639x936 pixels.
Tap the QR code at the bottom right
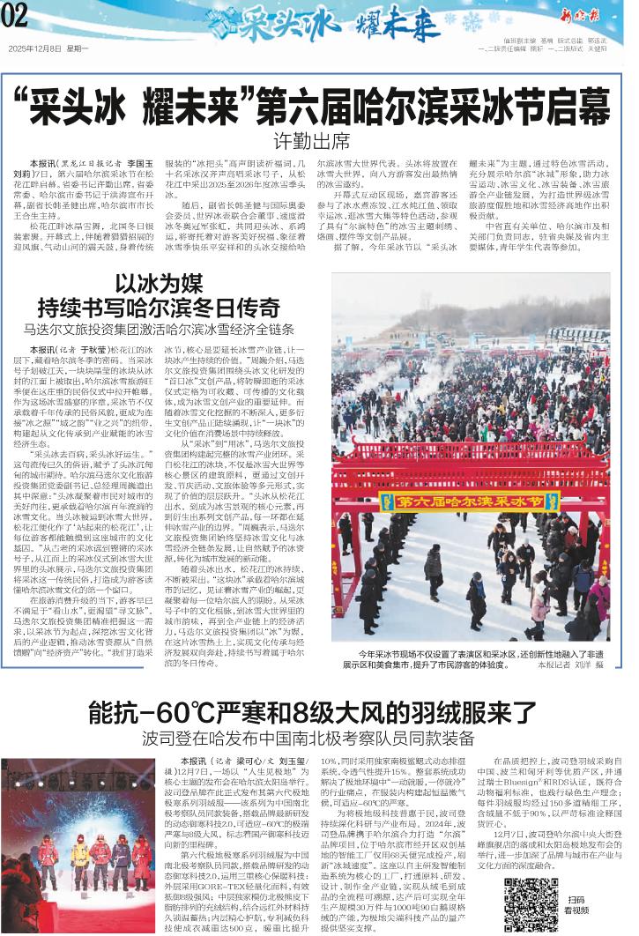pyautogui.click(x=531, y=903)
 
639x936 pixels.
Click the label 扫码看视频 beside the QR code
pyautogui.click(x=576, y=906)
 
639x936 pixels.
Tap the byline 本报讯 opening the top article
pyautogui.click(x=44, y=164)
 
